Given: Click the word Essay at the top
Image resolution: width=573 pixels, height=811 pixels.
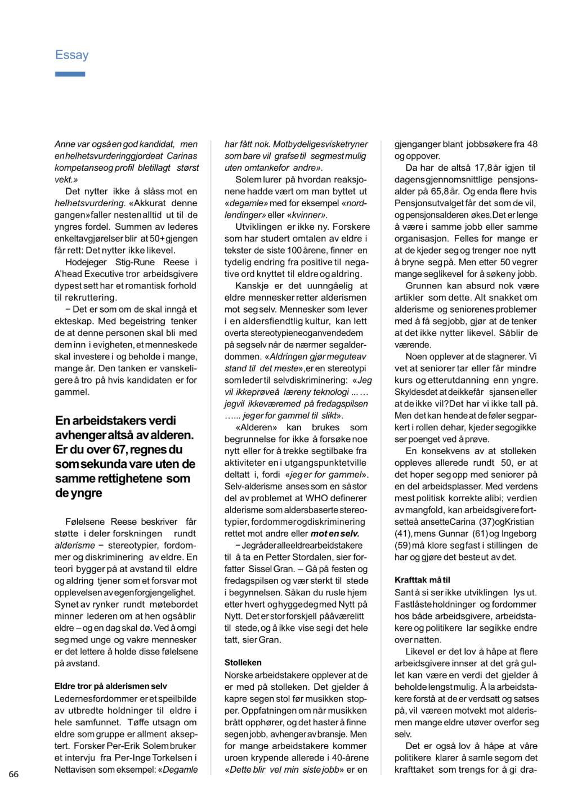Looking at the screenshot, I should [x=71, y=55].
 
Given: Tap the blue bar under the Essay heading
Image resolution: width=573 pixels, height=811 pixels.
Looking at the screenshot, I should [x=70, y=74].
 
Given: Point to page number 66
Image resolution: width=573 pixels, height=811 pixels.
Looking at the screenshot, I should [x=14, y=774].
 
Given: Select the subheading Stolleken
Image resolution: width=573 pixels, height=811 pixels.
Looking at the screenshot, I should [x=243, y=662].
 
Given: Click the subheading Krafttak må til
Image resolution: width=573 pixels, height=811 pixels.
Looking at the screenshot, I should [x=422, y=580].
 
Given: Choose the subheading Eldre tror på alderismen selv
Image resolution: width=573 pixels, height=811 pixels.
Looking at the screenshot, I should [x=110, y=686].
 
